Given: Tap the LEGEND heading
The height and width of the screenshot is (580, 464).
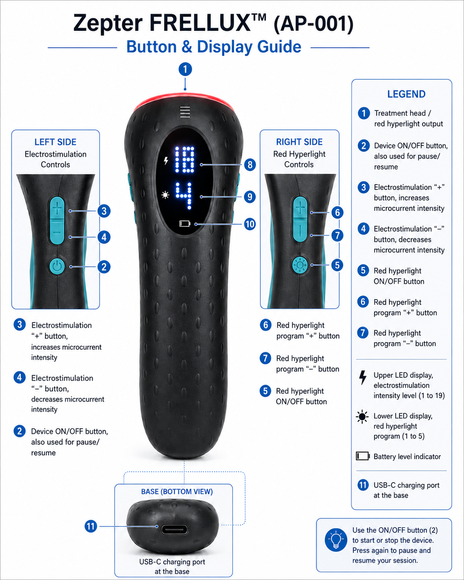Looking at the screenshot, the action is click(x=407, y=94).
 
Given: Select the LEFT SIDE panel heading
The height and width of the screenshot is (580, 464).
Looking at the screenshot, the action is click(x=55, y=142).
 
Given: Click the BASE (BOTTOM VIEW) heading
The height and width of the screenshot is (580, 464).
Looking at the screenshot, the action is click(x=177, y=491).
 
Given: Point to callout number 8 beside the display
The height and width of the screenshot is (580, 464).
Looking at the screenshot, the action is click(x=250, y=164).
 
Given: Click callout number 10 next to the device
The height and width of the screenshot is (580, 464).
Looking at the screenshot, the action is click(x=250, y=224).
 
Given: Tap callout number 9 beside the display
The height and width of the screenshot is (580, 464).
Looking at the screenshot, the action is click(x=250, y=197).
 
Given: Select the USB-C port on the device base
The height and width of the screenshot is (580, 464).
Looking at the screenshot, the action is click(x=175, y=530).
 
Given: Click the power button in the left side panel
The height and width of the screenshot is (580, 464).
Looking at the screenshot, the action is click(x=57, y=266).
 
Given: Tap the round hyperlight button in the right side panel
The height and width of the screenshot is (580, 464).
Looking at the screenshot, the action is click(x=300, y=265).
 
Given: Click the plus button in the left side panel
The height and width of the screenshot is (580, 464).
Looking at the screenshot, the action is click(x=57, y=209).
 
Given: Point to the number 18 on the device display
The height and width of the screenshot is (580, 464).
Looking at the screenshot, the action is click(x=184, y=160).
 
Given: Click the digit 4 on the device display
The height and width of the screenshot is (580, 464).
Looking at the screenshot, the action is click(x=184, y=196).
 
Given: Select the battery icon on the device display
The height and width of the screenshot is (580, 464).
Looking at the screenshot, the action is click(x=185, y=224).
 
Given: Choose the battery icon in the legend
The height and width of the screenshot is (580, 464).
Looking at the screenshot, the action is click(x=363, y=456).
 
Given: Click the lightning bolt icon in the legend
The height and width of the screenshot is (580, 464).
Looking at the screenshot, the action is click(x=363, y=377).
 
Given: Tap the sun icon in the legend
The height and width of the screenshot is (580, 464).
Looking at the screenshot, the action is click(x=362, y=417).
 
